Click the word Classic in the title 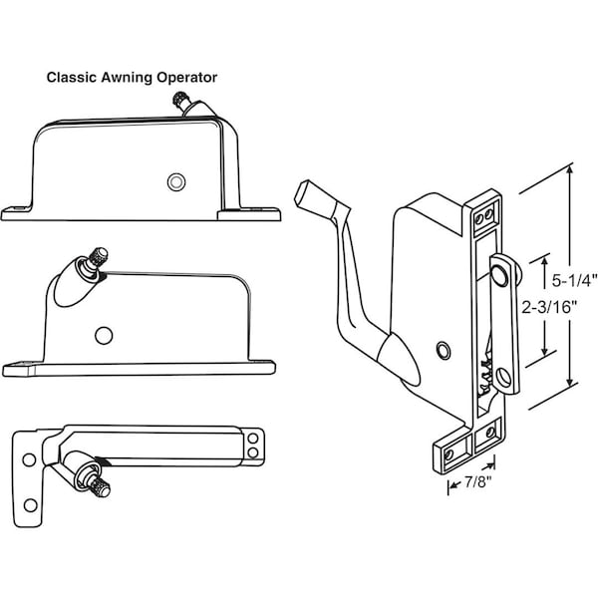(x=71, y=78)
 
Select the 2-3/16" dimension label (x=549, y=307)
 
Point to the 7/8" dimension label (x=476, y=482)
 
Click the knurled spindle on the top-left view (x=178, y=99)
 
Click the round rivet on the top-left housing (x=176, y=182)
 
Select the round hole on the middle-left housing (x=104, y=336)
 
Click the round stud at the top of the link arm (x=500, y=274)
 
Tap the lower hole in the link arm (x=504, y=377)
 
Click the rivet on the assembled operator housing (x=444, y=350)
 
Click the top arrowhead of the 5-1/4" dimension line (x=570, y=170)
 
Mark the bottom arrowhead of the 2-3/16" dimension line (x=544, y=351)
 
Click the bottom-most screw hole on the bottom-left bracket (x=30, y=505)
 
